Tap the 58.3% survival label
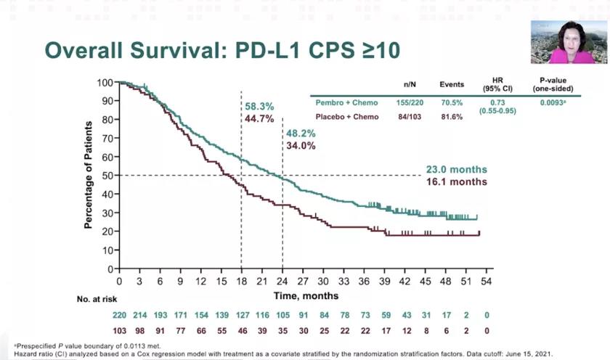coord(259,106)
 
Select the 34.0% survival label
coord(301,145)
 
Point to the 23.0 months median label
coord(456,171)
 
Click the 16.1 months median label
coord(456,182)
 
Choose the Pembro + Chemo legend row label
coord(344,103)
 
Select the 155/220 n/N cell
coord(409,103)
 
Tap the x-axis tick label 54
coord(486,280)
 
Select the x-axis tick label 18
coord(241,280)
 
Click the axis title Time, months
coord(301,295)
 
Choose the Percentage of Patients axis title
coord(88,175)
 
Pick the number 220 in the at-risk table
coord(119,315)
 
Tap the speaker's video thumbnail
coord(569,42)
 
